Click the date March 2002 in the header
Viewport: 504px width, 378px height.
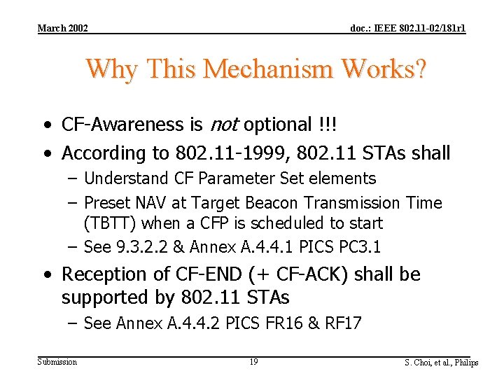click(x=62, y=28)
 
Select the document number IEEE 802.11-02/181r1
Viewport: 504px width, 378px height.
click(x=408, y=28)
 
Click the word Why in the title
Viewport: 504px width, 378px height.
click(x=112, y=69)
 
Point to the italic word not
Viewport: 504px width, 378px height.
click(x=223, y=125)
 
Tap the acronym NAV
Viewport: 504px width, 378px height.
click(x=153, y=203)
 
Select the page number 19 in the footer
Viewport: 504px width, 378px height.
click(x=253, y=362)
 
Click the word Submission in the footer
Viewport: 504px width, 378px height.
click(x=57, y=361)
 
